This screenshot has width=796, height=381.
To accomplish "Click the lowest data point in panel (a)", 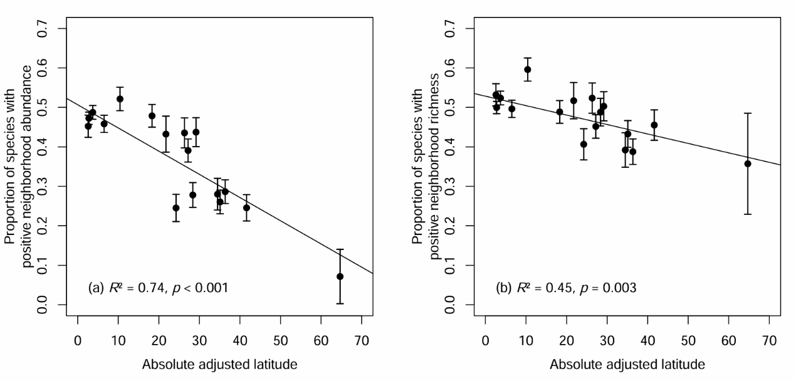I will pyautogui.click(x=340, y=276).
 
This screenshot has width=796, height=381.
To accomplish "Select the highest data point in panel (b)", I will pyautogui.click(x=528, y=70).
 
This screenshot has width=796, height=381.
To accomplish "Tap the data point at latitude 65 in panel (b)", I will pyautogui.click(x=747, y=164).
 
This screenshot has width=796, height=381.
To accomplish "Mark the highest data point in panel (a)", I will pyautogui.click(x=120, y=99).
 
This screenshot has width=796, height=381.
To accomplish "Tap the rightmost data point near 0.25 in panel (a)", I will pyautogui.click(x=246, y=207).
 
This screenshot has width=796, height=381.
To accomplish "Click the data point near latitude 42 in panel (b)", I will pyautogui.click(x=654, y=125).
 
